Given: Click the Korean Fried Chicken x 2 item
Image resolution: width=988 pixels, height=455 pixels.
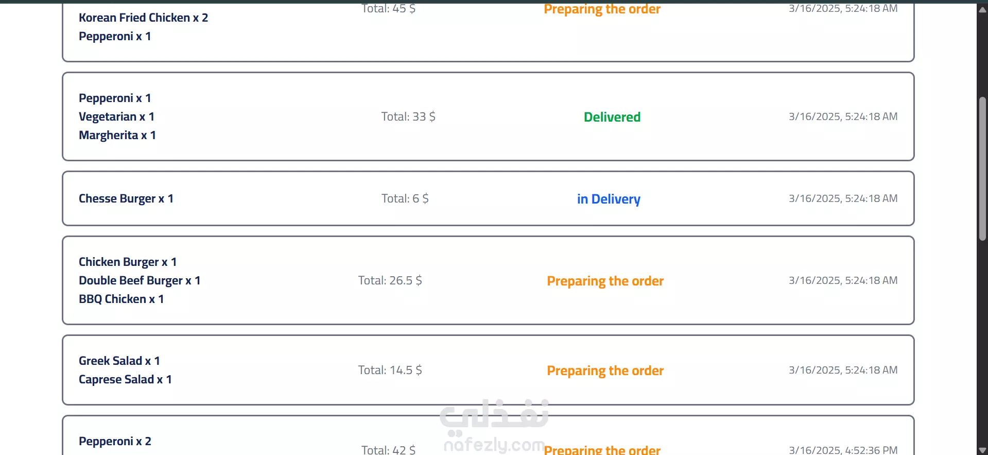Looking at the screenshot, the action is pos(143,18).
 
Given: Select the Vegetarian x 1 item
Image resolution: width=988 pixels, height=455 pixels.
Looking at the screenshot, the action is pos(116,117).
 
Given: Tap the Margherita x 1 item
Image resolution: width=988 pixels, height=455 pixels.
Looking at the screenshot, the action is pos(117,136).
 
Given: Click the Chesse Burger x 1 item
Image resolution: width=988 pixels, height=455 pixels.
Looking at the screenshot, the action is pos(126,199).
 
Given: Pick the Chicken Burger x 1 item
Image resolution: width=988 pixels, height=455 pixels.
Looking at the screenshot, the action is pos(128,262).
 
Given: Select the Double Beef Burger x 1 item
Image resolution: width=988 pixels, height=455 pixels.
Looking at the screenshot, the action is pos(140,281).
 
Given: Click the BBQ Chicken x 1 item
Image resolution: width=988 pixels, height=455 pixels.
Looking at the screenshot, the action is pos(121,299).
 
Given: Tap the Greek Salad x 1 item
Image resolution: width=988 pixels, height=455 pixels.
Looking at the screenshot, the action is pos(119,361).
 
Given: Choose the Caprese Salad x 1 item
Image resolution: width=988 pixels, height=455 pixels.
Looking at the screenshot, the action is pos(125,380).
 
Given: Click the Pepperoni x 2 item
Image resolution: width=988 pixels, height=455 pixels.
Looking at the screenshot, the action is pos(115,442).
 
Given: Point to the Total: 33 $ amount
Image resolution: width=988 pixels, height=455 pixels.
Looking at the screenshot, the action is pos(408,117).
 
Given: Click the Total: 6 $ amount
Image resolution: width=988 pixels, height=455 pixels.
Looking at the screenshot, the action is pos(405,199).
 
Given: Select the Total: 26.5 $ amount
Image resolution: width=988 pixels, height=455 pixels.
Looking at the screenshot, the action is pos(390,281).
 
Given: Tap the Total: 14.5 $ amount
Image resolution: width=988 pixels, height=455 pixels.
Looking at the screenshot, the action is pos(390,370).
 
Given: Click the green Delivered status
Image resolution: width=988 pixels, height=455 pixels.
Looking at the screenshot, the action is pos(612,117).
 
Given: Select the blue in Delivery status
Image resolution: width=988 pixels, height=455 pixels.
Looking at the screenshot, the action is pos(609,199).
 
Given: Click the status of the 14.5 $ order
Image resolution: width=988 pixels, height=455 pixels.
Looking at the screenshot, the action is pos(605,371).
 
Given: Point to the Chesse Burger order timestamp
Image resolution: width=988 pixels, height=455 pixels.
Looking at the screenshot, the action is pos(843,199).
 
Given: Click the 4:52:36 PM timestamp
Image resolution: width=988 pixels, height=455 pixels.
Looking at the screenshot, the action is pos(843,450).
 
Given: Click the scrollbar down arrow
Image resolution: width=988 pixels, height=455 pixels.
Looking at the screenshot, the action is pos(982,450).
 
